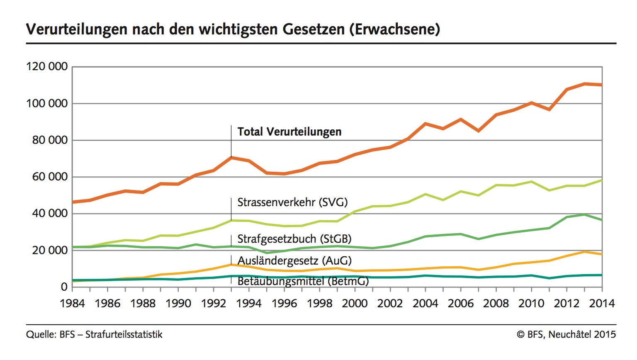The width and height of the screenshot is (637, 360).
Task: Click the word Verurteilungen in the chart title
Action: [77, 29]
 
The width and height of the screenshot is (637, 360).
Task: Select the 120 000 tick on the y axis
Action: [47, 66]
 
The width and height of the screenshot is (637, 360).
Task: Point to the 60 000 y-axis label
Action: [50, 177]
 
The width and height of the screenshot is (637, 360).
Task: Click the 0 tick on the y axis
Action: [64, 287]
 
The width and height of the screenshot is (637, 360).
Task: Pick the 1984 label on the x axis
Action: [72, 304]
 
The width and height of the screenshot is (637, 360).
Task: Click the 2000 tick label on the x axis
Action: [355, 304]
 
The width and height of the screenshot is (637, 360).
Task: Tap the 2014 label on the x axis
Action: [602, 304]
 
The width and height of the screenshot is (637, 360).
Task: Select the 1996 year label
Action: [284, 304]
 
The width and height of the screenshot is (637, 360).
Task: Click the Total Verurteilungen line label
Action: [289, 132]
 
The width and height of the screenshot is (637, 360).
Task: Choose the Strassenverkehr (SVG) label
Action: [292, 202]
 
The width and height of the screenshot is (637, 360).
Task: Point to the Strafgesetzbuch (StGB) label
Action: [294, 239]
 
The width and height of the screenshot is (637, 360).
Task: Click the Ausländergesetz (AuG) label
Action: [294, 261]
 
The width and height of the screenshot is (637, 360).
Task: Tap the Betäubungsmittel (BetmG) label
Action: [303, 282]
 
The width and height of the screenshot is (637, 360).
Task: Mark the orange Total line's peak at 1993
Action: [231, 158]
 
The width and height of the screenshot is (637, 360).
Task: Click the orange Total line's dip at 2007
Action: [479, 131]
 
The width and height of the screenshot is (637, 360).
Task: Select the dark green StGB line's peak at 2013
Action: [584, 214]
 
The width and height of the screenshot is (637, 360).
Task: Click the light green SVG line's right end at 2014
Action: [601, 180]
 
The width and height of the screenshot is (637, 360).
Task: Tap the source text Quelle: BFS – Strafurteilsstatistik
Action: [94, 334]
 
